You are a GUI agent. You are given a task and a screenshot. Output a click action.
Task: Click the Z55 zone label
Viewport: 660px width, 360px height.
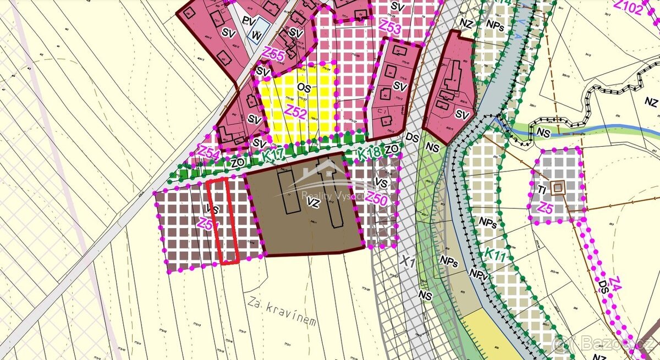pyautogui.click(x=273, y=54)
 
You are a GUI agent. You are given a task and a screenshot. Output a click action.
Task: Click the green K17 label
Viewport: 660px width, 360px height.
pyautogui.click(x=273, y=156)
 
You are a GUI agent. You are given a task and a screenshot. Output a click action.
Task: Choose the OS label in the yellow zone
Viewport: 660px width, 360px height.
pyautogui.click(x=303, y=87)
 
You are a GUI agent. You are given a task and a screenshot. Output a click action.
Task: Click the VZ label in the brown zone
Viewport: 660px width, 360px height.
pyautogui.click(x=313, y=203)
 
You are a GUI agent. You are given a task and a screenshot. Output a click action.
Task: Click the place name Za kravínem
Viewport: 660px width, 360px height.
pyautogui.click(x=282, y=311)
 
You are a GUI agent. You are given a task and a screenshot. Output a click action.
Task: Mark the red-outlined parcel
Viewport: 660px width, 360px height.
pyautogui.click(x=226, y=220)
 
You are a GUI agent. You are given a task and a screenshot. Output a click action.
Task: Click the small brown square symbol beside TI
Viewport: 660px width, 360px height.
pyautogui.click(x=558, y=188)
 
